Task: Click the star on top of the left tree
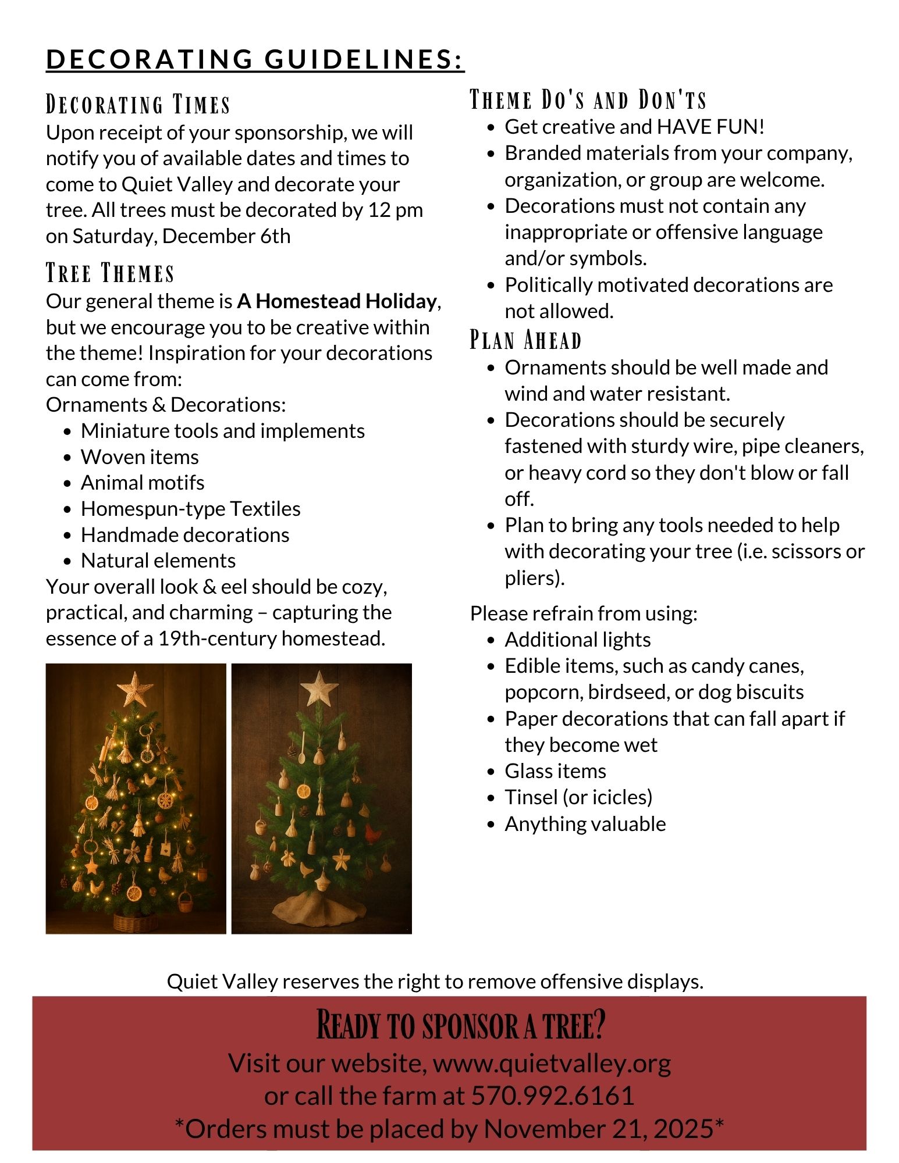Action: click(135, 688)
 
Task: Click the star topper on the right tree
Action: click(319, 688)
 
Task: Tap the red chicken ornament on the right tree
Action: click(373, 833)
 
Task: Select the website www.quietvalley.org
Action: click(552, 1063)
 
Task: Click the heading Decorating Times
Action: click(138, 105)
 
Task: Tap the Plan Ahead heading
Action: click(525, 340)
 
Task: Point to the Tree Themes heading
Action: click(111, 273)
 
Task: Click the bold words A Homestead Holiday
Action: click(336, 301)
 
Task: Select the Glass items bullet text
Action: click(555, 771)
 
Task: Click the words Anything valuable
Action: click(585, 824)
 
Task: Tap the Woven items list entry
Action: click(140, 457)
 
